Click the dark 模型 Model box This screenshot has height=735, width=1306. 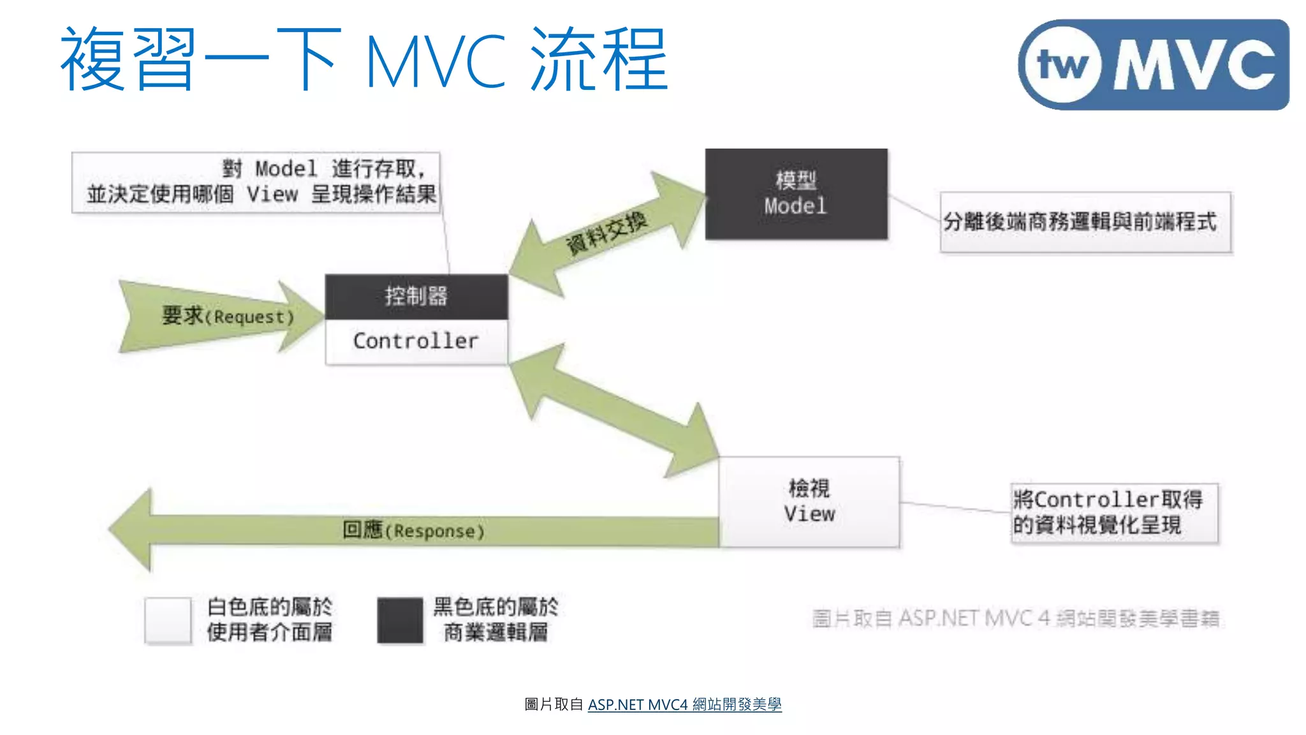tap(796, 194)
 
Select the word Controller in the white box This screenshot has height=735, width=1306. tap(416, 341)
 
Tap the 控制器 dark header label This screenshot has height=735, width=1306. tap(416, 297)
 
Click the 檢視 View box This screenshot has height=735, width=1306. tap(809, 501)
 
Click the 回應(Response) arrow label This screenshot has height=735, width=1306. tap(413, 530)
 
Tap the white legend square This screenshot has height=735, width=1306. tap(168, 620)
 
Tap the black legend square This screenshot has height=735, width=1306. tap(400, 620)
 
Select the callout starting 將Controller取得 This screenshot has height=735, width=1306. tap(1113, 513)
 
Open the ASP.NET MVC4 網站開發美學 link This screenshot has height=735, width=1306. tap(684, 704)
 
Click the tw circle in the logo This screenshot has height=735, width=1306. tap(1062, 64)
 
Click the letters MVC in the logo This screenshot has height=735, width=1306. tap(1194, 64)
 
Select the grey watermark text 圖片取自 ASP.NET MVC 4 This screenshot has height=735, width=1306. tap(1015, 618)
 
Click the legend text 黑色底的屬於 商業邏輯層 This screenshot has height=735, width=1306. tap(495, 619)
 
